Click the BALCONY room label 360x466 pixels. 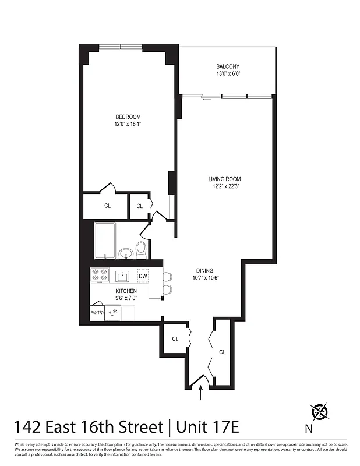pos(228,67)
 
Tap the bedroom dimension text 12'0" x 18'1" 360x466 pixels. pos(128,123)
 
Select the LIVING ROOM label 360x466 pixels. pos(225,179)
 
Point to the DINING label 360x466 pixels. pos(204,270)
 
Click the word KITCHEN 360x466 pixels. pos(126,291)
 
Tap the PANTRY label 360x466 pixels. pos(97,313)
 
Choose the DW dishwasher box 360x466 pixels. pos(143,276)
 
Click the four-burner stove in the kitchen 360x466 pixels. pos(100,275)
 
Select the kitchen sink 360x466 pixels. pos(122,276)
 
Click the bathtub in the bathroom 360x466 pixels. pos(104,240)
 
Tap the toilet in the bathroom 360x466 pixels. pos(141,250)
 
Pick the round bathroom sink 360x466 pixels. pos(125,253)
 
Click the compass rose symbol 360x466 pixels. pos(320,412)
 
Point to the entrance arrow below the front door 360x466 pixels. pos(201,396)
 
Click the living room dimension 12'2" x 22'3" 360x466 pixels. pos(225,186)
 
